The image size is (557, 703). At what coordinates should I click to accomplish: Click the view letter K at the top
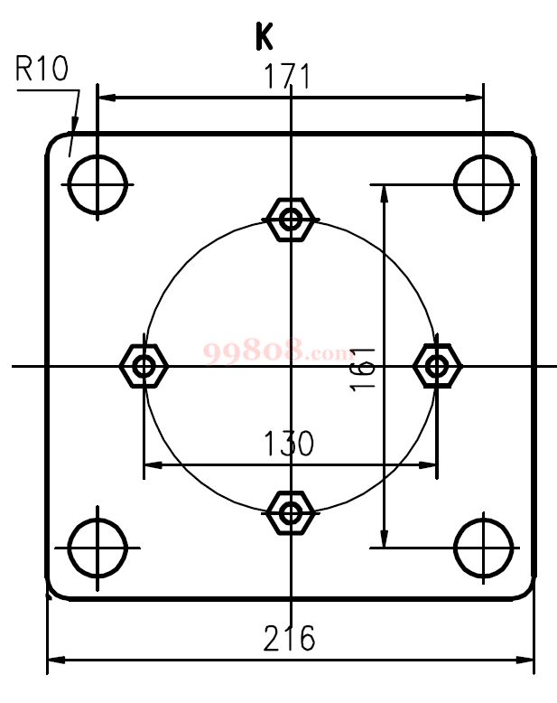tap(264, 36)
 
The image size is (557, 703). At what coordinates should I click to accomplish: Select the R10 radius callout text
tap(42, 68)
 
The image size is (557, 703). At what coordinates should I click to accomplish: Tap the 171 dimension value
tap(287, 76)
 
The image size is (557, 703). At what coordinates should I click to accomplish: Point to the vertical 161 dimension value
tap(363, 370)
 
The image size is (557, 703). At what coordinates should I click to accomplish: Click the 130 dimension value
tap(289, 444)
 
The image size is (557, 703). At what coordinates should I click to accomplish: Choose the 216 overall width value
tap(289, 638)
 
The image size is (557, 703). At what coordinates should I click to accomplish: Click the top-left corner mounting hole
tap(97, 184)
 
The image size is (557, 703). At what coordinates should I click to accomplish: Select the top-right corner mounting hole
tap(483, 184)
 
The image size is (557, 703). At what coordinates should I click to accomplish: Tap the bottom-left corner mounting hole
tap(97, 548)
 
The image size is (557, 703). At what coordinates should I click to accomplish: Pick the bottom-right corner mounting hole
tap(483, 548)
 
